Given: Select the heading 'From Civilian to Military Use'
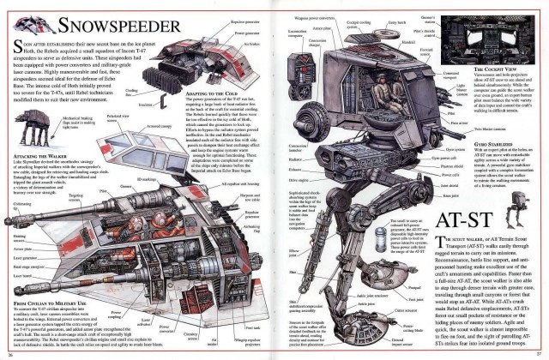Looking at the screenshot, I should coord(47,301).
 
